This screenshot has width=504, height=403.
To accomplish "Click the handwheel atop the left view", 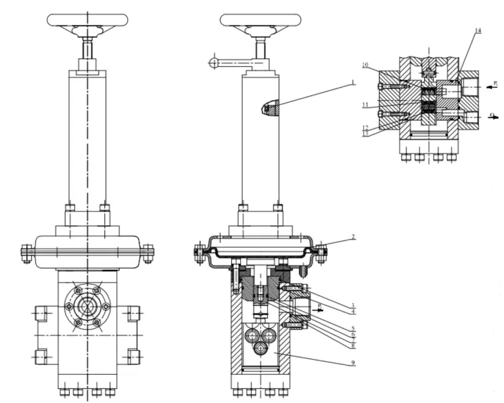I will (x=87, y=19).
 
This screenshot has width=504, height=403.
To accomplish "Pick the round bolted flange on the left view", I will (x=87, y=306).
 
